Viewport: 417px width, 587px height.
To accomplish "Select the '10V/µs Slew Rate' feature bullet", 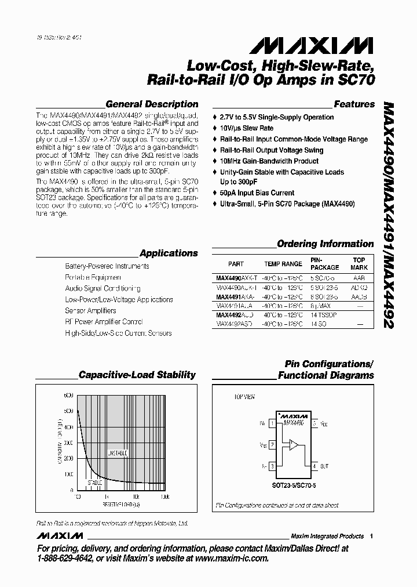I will click(x=247, y=128).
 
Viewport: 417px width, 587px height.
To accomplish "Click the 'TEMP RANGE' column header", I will click(x=283, y=264).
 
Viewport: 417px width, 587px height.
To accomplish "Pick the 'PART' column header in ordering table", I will click(x=236, y=264).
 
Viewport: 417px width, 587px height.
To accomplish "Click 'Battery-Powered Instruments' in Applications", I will click(x=107, y=266).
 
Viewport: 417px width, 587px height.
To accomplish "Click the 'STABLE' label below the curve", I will click(x=95, y=482).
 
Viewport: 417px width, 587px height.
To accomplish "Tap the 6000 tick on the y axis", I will click(x=68, y=396).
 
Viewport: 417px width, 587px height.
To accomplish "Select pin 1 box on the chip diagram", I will click(x=272, y=424).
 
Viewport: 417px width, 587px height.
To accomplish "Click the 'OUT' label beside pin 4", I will click(x=324, y=466).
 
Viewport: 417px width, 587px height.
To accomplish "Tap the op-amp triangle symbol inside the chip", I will click(x=294, y=445).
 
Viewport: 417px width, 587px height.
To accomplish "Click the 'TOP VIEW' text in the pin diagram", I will click(x=244, y=397).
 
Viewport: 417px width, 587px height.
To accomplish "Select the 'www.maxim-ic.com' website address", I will click(x=231, y=558).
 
